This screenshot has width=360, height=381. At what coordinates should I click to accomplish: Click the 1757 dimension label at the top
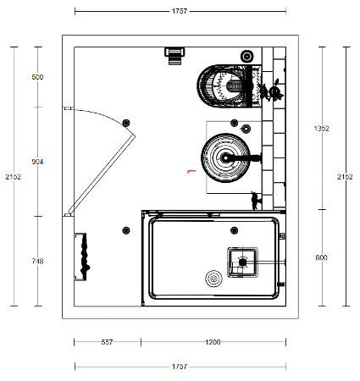(x=180, y=11)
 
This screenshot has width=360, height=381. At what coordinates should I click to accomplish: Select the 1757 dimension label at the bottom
(x=180, y=367)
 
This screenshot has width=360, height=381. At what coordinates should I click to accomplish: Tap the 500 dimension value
(x=37, y=77)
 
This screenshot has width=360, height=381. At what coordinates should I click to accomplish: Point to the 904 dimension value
(x=37, y=162)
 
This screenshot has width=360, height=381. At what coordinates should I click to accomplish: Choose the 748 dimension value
(x=37, y=262)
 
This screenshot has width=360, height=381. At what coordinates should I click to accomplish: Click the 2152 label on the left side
(x=14, y=177)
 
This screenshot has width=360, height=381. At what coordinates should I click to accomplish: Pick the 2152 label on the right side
(x=345, y=177)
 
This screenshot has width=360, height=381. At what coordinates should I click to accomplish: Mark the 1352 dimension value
(x=322, y=129)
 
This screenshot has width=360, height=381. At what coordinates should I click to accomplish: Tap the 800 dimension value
(x=322, y=257)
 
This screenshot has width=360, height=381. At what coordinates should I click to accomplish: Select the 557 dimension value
(x=107, y=342)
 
